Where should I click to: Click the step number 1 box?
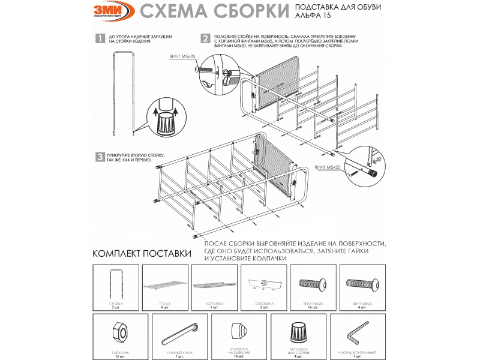click(x=100, y=39)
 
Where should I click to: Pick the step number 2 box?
click(x=205, y=38)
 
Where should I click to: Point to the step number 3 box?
click(x=100, y=157)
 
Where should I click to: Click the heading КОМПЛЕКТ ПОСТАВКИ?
click(x=142, y=253)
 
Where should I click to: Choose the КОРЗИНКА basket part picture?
click(x=214, y=283)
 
